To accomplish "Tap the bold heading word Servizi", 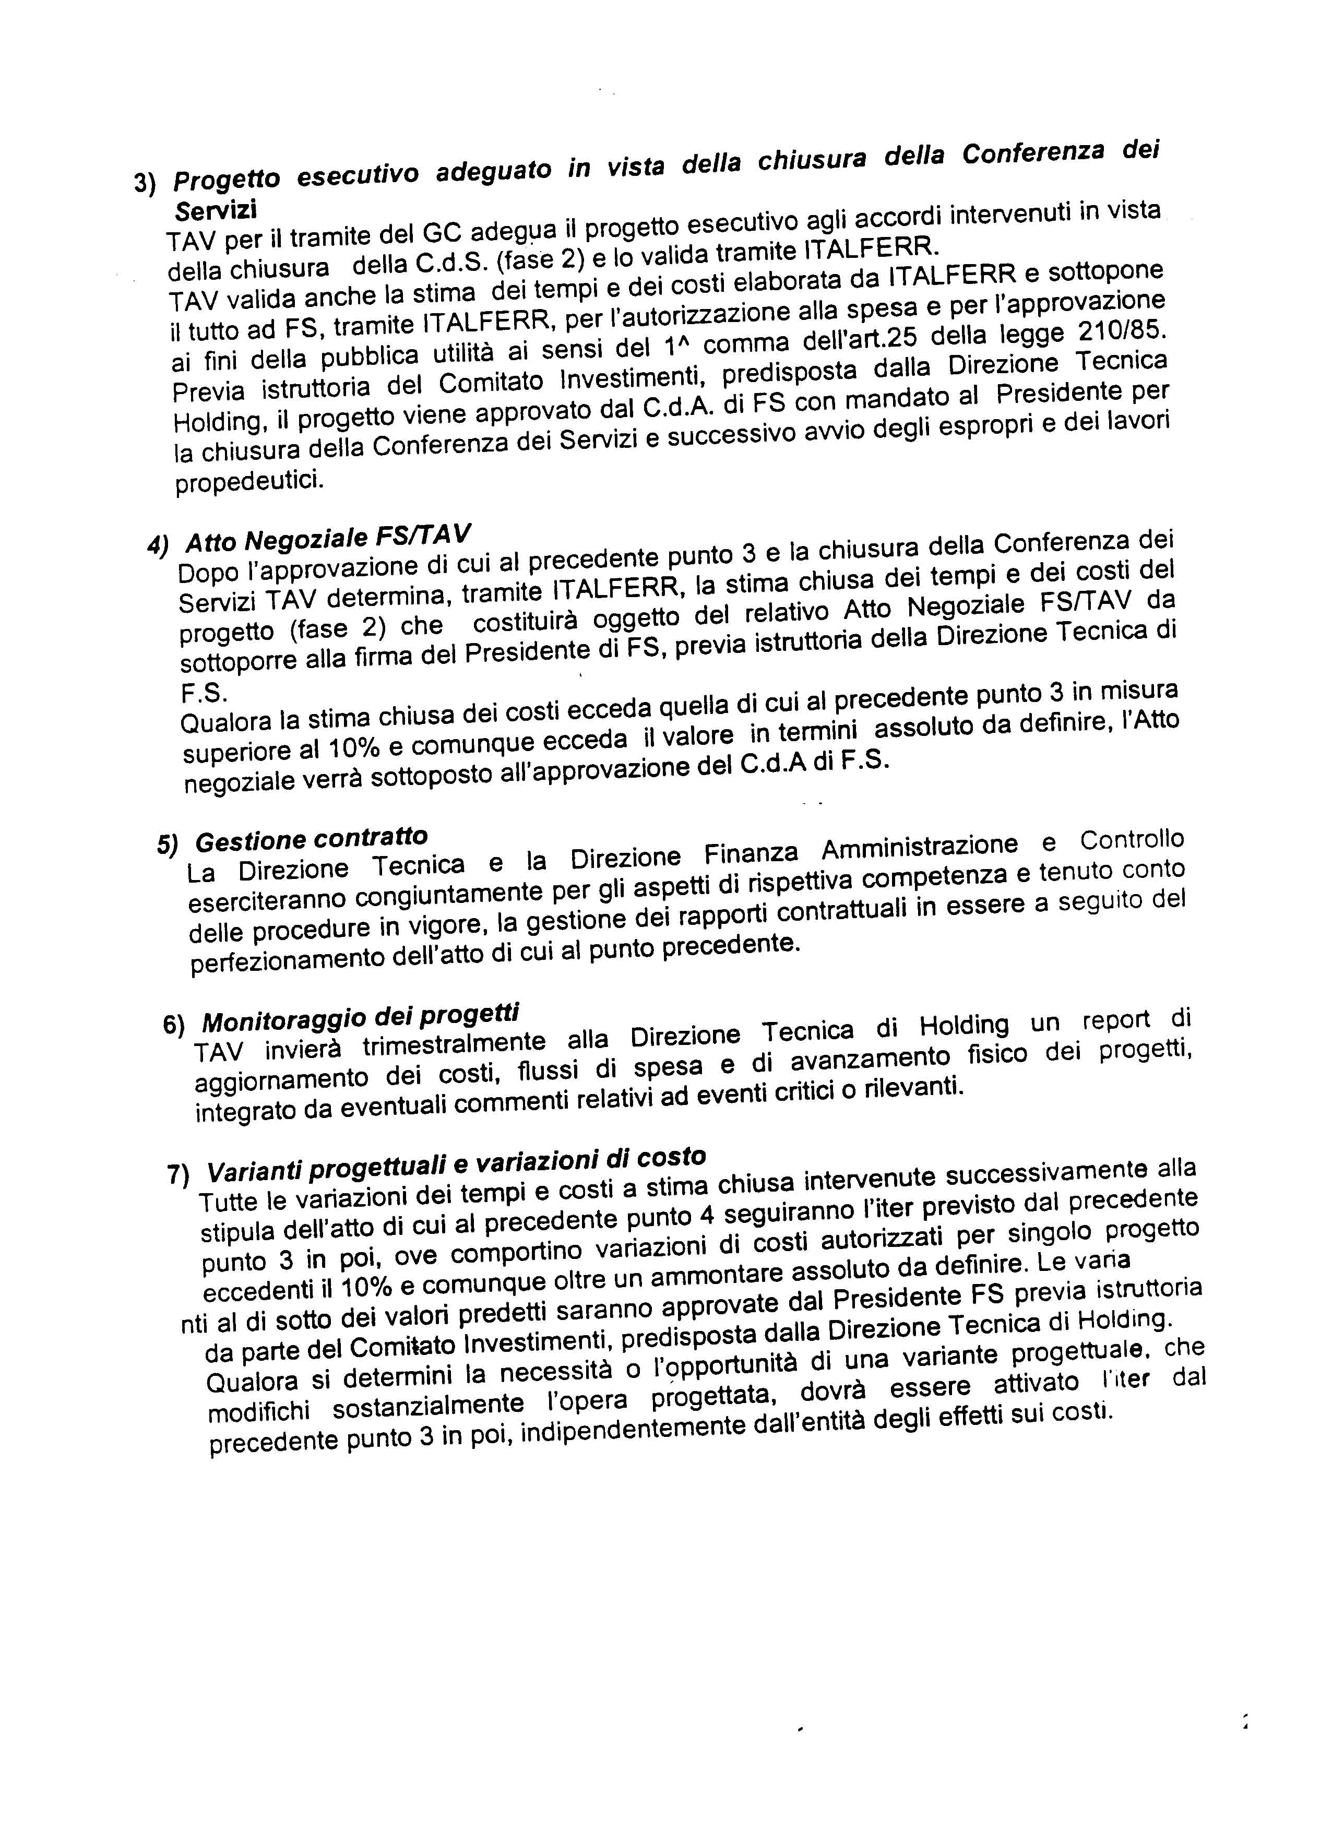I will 215,208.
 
